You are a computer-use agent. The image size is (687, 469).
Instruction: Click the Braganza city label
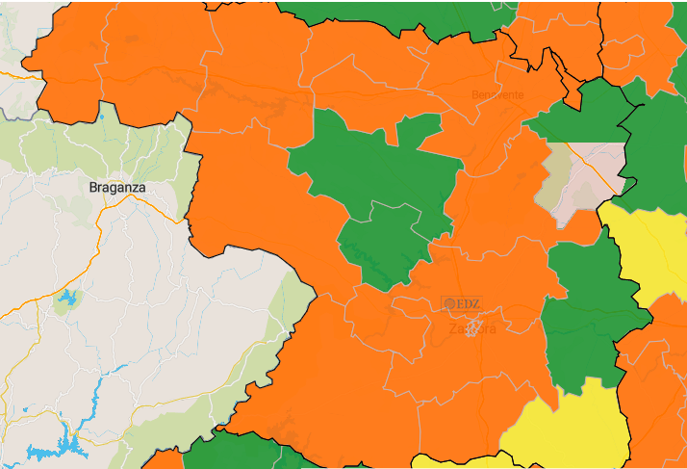pyautogui.click(x=117, y=187)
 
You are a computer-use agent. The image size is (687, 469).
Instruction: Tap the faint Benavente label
pyautogui.click(x=497, y=94)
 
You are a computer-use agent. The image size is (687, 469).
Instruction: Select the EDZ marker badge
pyautogui.click(x=462, y=303)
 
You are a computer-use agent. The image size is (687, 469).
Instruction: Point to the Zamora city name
pyautogui.click(x=473, y=329)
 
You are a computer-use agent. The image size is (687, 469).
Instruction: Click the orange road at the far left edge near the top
pyautogui.click(x=10, y=71)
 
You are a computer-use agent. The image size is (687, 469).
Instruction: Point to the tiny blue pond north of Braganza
pyautogui.click(x=100, y=117)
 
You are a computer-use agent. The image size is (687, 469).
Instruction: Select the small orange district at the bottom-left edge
pyautogui.click(x=164, y=458)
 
